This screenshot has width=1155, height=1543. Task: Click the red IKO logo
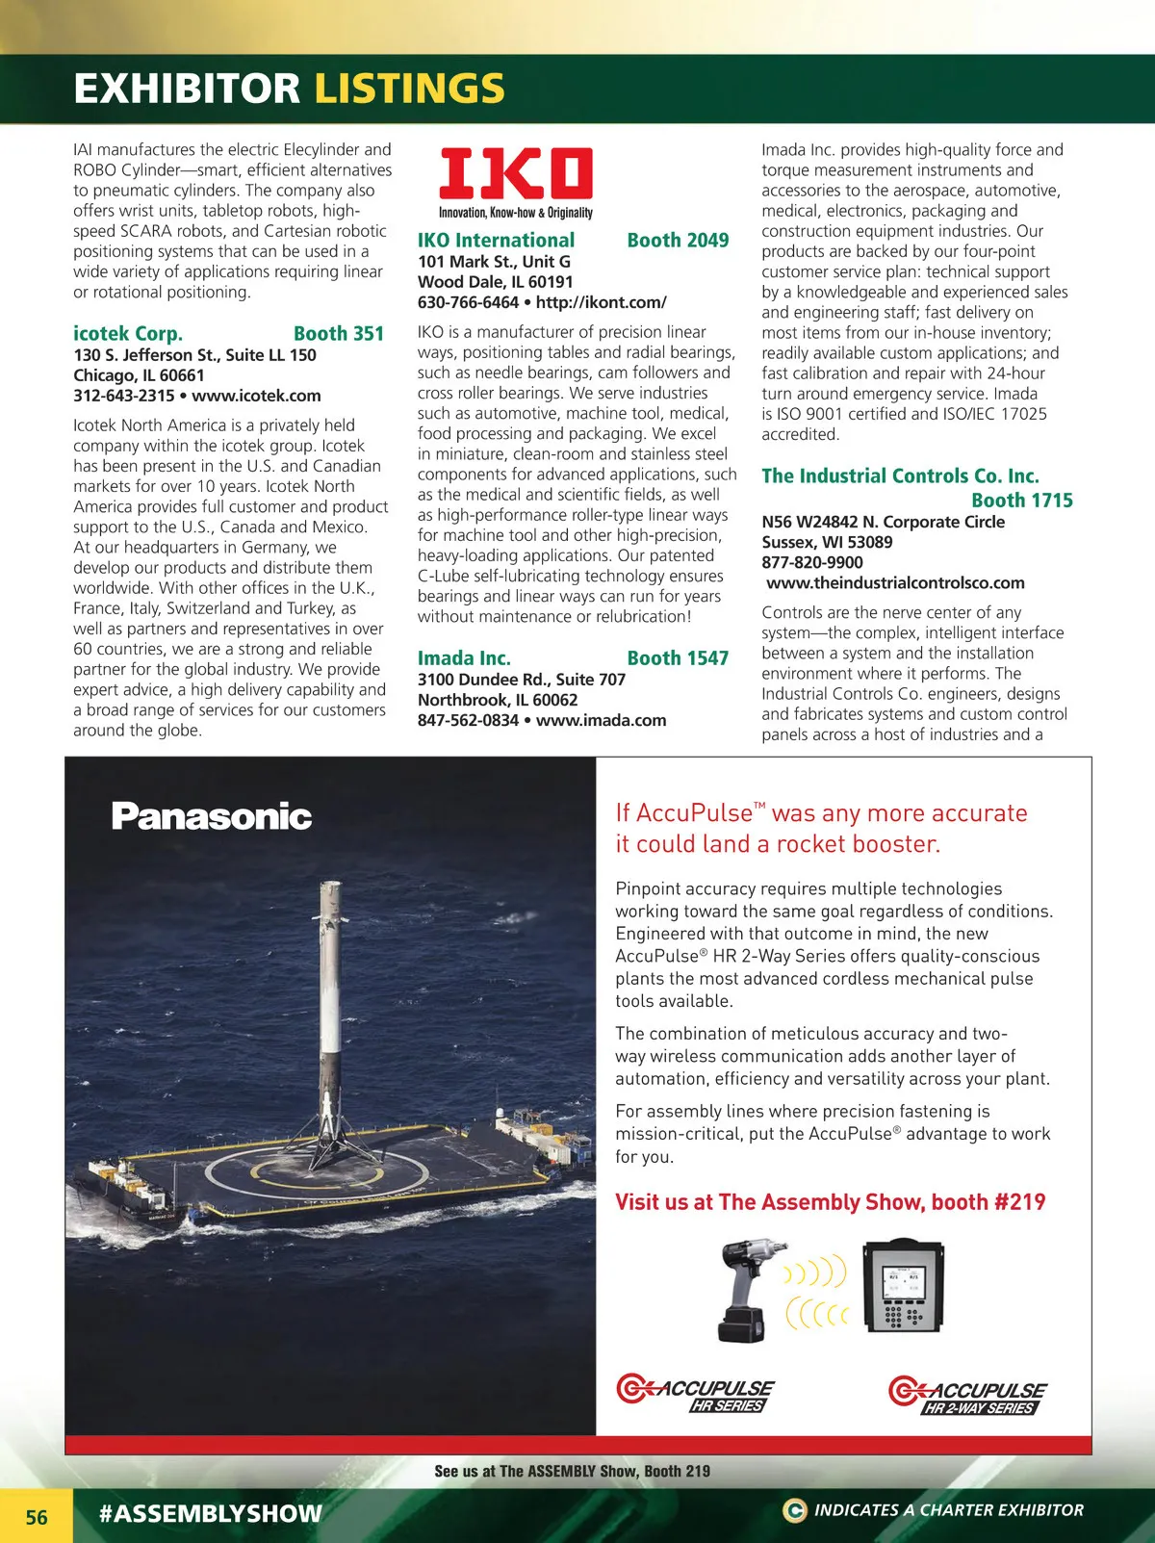tap(516, 173)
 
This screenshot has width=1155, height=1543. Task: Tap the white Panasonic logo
tap(212, 816)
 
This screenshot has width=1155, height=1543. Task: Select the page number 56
tap(37, 1517)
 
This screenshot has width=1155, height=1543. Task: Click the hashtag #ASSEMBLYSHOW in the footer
tap(211, 1513)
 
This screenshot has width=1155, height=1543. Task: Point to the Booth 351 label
tap(339, 334)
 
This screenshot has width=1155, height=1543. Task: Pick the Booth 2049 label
tap(678, 241)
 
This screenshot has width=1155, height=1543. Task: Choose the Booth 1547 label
tap(678, 658)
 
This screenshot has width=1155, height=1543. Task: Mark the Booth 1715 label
tap(1021, 501)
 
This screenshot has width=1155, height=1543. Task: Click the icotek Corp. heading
tap(128, 334)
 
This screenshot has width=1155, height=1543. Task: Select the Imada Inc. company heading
tap(464, 658)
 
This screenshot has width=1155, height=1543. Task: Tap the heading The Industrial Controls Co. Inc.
tap(900, 476)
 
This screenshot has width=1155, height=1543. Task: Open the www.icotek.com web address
tap(256, 396)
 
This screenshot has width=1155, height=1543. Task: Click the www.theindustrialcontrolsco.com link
tap(895, 582)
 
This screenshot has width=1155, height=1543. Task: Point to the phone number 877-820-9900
tap(812, 562)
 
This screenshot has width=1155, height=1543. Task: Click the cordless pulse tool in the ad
tap(743, 1290)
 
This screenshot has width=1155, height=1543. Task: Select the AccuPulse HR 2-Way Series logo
tap(967, 1397)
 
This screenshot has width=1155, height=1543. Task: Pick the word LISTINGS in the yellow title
tap(409, 89)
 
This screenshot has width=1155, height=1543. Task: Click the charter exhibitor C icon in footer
tap(794, 1510)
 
